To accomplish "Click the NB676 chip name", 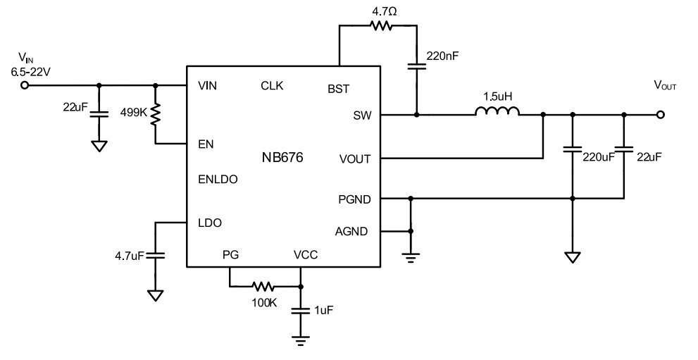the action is [x=282, y=158].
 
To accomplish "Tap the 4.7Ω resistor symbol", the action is [x=381, y=26].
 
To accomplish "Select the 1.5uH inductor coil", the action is [x=497, y=111].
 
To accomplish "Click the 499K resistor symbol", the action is [x=156, y=114].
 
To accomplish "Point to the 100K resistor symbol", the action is [x=263, y=287].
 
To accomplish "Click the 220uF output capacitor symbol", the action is [x=573, y=149].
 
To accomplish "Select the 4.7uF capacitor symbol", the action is [x=156, y=256].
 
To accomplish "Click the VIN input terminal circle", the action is [x=25, y=85].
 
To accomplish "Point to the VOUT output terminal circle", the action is [x=661, y=115].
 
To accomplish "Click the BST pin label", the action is [x=338, y=89].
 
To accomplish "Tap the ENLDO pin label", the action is [x=218, y=180].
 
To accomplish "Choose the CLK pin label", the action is [x=272, y=85].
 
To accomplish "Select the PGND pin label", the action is [x=354, y=199].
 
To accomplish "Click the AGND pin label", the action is [x=351, y=231].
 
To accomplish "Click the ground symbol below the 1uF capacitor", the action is [x=301, y=340].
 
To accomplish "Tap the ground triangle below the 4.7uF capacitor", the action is [x=156, y=295].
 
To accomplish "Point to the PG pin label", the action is [x=230, y=255].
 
